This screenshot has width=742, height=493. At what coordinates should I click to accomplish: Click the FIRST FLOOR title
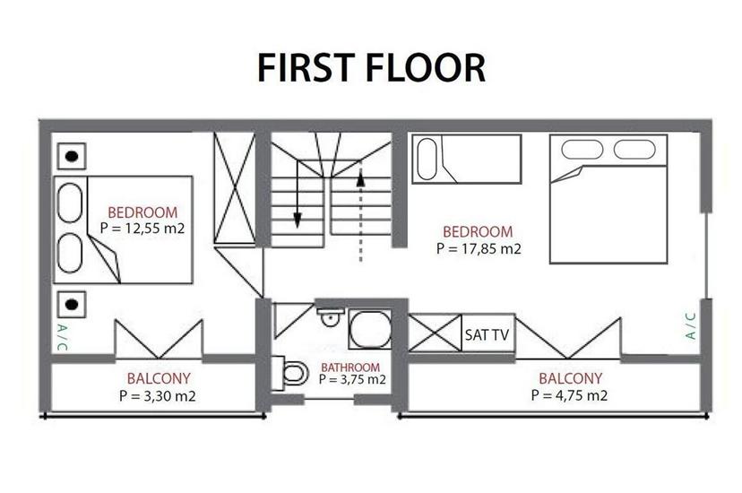click(x=371, y=67)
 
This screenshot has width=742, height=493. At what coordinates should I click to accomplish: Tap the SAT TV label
click(x=487, y=335)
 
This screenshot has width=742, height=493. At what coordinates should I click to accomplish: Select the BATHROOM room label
click(x=350, y=367)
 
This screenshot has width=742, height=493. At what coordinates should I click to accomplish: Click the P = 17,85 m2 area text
click(x=479, y=248)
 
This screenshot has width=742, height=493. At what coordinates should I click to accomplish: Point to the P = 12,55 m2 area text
click(x=142, y=229)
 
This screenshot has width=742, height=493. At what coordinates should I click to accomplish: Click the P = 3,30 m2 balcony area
click(x=156, y=394)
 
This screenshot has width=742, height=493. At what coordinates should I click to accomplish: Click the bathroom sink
click(x=329, y=316)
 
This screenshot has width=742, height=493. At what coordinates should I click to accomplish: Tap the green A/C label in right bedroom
click(x=690, y=324)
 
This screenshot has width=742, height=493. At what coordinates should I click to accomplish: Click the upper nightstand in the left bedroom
click(x=72, y=156)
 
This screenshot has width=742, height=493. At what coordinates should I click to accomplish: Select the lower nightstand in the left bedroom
click(x=72, y=303)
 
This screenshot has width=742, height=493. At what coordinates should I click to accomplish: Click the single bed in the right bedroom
click(x=466, y=159)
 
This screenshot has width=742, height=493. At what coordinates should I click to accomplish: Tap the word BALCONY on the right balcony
click(x=570, y=378)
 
